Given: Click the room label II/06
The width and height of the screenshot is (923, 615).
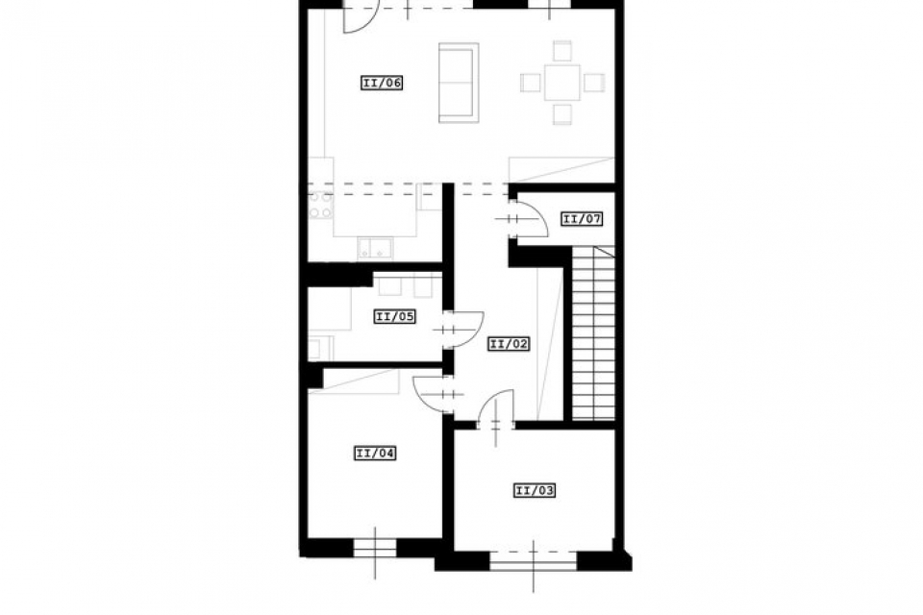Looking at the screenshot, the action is [x=382, y=83].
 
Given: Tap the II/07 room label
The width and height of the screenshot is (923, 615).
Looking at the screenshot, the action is [x=582, y=219].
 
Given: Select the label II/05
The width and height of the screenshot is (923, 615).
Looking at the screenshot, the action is [x=394, y=316].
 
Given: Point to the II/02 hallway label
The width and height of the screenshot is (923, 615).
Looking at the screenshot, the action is [x=509, y=344].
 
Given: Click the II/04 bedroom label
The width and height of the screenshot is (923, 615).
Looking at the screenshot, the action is [x=374, y=454].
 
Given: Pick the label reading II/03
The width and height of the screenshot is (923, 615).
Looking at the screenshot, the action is [x=535, y=490].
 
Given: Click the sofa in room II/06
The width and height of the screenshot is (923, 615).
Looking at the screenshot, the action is [x=459, y=83].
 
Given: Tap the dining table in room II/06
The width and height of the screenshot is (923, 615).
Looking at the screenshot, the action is [x=562, y=83].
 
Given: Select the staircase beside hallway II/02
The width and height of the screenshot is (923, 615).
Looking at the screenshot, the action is [x=593, y=333].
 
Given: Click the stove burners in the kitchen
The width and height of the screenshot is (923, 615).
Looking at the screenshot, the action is [x=321, y=205].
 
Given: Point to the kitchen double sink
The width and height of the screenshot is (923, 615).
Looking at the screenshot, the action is [x=375, y=248].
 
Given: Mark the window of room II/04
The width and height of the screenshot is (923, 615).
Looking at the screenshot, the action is [x=374, y=548].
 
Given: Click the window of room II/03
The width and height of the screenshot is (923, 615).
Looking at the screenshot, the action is [x=534, y=560].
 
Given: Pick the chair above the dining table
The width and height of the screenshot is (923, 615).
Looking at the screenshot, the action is [x=562, y=51].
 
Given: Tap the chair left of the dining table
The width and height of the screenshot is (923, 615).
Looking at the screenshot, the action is [x=531, y=83].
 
